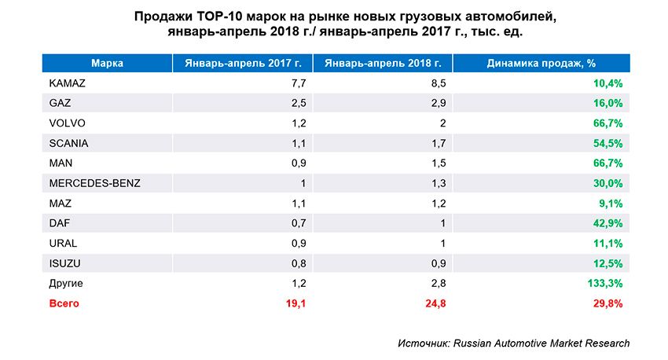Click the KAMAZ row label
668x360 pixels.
[x=67, y=83]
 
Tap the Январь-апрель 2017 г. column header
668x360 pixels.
[x=243, y=62]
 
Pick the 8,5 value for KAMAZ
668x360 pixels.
[x=440, y=83]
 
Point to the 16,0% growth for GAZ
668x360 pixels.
[x=608, y=103]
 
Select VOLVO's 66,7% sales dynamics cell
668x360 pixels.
[x=608, y=123]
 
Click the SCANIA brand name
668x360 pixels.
[x=68, y=143]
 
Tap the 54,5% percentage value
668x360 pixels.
[x=608, y=143]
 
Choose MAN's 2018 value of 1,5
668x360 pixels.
[x=440, y=163]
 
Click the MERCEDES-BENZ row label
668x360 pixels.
[x=88, y=183]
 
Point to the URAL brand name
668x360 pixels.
[x=63, y=243]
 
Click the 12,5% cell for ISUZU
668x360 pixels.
[x=608, y=263]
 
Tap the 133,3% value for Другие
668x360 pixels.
[x=605, y=282]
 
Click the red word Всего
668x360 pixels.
[x=64, y=303]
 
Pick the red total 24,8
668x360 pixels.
[x=438, y=303]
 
